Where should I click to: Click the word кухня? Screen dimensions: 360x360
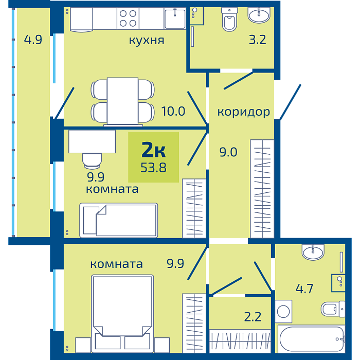[147, 41]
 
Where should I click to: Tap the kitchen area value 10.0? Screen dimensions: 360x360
[173, 111]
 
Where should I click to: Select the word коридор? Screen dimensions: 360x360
[244, 113]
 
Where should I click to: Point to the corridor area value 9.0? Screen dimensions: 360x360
[228, 152]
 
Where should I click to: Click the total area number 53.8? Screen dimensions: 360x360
[153, 168]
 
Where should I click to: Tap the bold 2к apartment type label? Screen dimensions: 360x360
[153, 150]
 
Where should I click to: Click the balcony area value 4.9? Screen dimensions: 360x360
[33, 40]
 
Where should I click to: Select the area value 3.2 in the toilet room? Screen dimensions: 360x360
[258, 40]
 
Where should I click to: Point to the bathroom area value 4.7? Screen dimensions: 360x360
[304, 289]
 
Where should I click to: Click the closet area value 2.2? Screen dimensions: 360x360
[253, 317]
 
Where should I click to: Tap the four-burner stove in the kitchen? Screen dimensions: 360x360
[128, 19]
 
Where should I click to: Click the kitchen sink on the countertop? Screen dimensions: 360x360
[175, 19]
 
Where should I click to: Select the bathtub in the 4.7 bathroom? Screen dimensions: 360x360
[312, 338]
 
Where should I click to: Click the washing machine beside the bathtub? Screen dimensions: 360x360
[283, 311]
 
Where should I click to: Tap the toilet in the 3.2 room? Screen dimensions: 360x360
[229, 20]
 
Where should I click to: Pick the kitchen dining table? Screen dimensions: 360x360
[122, 101]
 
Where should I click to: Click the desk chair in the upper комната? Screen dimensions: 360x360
[92, 160]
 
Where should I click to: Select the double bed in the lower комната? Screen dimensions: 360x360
[122, 314]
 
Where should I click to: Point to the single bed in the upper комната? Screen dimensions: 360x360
[119, 220]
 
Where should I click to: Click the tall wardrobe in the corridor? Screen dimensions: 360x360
[262, 189]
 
